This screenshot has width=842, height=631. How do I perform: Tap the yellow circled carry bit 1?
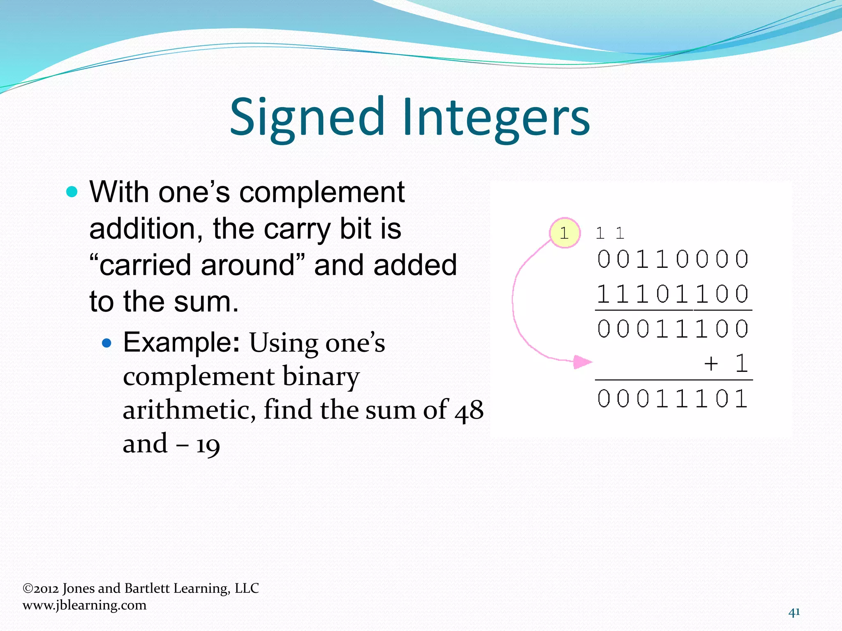(565, 233)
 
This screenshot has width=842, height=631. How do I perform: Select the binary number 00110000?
(673, 259)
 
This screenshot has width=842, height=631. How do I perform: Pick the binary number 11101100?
(673, 294)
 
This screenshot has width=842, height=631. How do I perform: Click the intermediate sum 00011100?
(673, 329)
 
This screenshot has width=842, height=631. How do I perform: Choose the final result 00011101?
(673, 399)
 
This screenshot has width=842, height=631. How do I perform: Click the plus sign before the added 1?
(711, 364)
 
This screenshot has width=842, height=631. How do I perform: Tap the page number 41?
(794, 613)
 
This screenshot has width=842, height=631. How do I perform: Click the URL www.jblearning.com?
(84, 605)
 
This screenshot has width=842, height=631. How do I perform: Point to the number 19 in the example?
(208, 445)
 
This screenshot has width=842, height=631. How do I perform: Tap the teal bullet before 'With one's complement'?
(72, 192)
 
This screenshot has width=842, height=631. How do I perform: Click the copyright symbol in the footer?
(28, 588)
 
